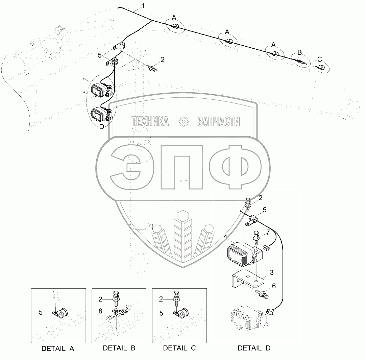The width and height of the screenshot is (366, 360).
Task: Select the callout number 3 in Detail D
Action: click(x=271, y=272)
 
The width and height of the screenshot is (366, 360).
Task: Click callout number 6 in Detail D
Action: click(x=273, y=286)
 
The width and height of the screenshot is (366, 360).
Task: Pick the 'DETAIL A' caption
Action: click(x=57, y=349)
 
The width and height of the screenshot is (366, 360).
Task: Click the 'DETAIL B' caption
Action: click(x=119, y=348)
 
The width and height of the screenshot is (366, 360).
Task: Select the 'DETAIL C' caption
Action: click(x=179, y=348)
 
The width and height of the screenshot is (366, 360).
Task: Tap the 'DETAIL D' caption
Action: click(x=254, y=348)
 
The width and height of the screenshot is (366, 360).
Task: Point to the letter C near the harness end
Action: click(x=320, y=59)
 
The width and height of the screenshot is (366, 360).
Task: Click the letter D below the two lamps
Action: click(x=101, y=127)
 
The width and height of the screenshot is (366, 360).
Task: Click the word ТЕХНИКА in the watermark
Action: click(x=150, y=121)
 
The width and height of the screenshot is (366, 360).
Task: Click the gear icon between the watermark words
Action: click(x=183, y=121)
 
